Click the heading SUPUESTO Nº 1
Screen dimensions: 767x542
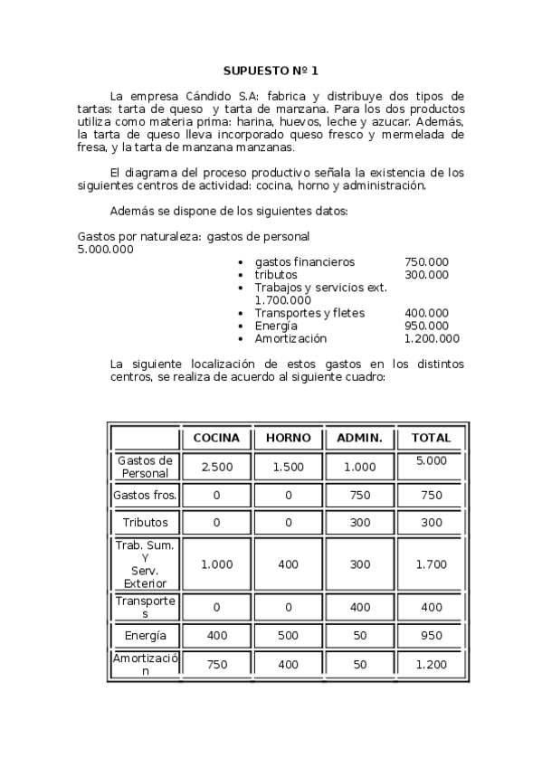271,70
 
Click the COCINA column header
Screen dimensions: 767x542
216,438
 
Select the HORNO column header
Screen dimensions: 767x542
288,438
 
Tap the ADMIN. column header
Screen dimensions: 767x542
359,438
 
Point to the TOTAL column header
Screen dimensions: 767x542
431,438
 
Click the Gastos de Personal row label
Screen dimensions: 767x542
145,467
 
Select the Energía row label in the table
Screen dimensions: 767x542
145,636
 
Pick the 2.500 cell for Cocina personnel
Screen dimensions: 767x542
216,467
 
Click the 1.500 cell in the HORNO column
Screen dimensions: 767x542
288,467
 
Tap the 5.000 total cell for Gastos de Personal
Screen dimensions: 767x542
431,461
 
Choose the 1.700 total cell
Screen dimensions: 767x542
431,564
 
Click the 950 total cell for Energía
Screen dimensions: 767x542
431,636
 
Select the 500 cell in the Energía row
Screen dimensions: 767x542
288,636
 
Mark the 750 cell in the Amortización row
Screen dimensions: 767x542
216,665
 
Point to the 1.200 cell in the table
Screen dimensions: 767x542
431,665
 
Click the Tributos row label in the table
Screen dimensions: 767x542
145,523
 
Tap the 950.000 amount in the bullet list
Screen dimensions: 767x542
426,327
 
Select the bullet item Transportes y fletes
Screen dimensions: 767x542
309,314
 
